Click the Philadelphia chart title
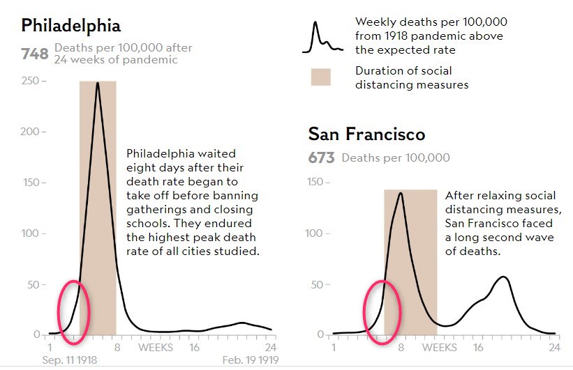[71, 26]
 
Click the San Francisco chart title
[366, 134]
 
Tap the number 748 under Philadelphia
[34, 54]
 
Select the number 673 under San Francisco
[322, 158]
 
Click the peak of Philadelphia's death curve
[98, 83]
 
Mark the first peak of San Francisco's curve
[401, 193]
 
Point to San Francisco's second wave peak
[503, 277]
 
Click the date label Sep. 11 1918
[69, 361]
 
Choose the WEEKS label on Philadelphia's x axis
[155, 347]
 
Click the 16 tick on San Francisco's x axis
[478, 347]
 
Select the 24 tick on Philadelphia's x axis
[270, 347]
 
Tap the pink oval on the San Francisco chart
[382, 311]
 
